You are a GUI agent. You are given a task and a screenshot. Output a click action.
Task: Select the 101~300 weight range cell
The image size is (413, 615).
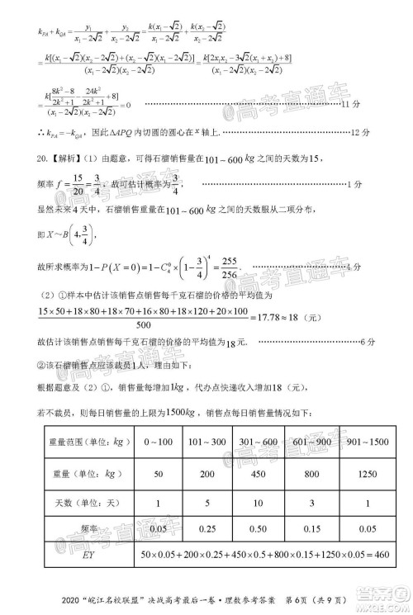[x=209, y=442]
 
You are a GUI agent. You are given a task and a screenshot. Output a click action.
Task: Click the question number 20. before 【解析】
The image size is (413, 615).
[x=41, y=157]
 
